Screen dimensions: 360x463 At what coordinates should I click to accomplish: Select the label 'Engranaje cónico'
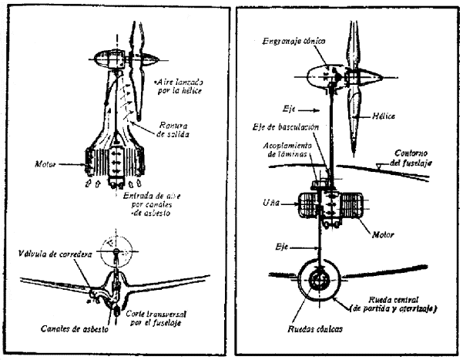click(x=294, y=39)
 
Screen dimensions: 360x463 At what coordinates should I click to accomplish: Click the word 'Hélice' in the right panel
click(x=383, y=116)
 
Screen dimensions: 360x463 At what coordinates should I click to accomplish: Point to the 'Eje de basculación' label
click(x=284, y=126)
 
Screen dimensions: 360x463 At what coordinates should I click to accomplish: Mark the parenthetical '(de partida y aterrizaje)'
click(x=393, y=309)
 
